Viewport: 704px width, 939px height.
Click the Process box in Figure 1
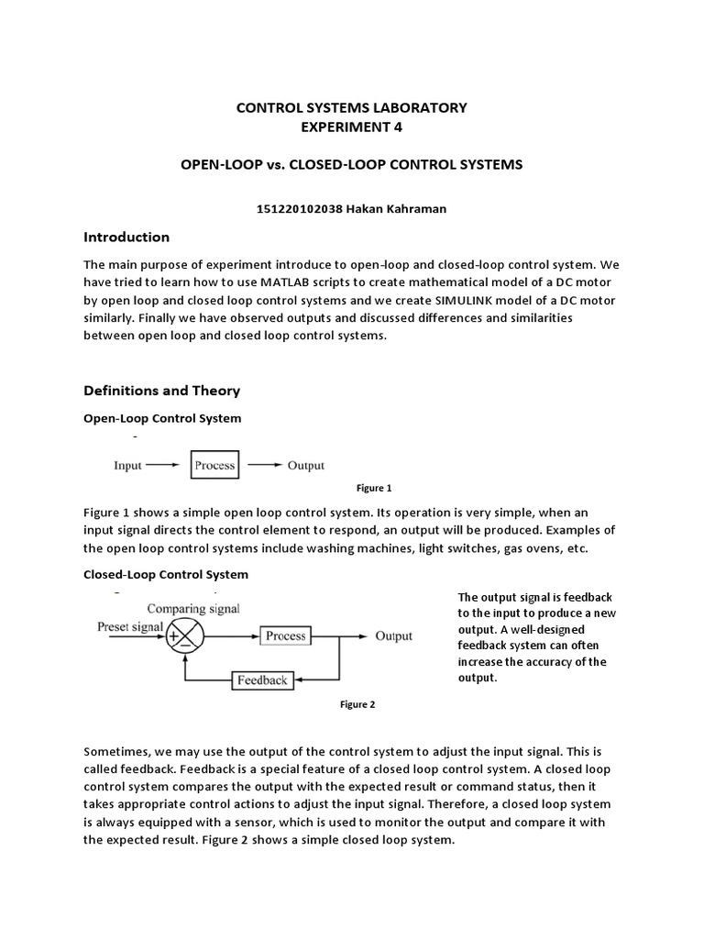point(214,465)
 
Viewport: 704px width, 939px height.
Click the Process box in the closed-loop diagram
point(285,635)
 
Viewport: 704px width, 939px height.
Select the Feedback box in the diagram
point(262,680)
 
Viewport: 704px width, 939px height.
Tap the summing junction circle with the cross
point(186,635)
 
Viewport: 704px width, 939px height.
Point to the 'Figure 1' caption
point(374,488)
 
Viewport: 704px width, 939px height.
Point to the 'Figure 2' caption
point(357,704)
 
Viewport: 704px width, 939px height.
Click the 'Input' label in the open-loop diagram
point(127,465)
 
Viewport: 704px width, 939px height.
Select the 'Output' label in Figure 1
point(306,465)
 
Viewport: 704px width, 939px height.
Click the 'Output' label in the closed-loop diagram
point(393,635)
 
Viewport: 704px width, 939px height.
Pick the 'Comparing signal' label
point(192,608)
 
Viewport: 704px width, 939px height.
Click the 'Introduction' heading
point(126,237)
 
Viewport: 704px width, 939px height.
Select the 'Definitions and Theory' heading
point(161,391)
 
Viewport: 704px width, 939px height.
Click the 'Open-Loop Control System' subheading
point(162,418)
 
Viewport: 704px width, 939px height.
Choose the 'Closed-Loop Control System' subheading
point(165,574)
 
